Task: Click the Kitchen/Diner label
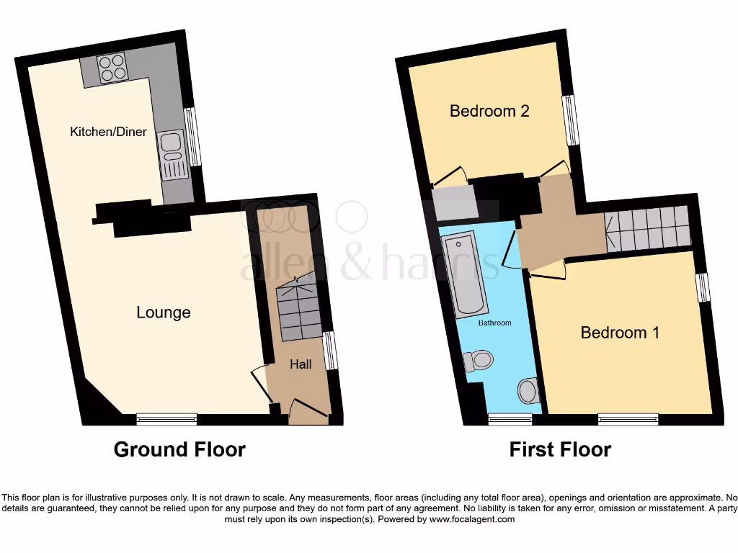point(108,132)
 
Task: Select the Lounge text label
point(164,313)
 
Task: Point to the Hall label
point(301,364)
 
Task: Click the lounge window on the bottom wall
point(167,418)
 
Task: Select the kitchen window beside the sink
point(192,137)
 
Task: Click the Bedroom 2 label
point(489,111)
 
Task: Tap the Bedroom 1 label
point(620,333)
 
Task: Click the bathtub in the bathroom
point(463,274)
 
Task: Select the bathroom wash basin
point(528,391)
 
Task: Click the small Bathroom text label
point(495,323)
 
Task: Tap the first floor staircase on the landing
point(646,227)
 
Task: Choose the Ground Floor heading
point(179,450)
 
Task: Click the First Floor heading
point(560,450)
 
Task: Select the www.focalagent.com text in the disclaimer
point(471,519)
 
